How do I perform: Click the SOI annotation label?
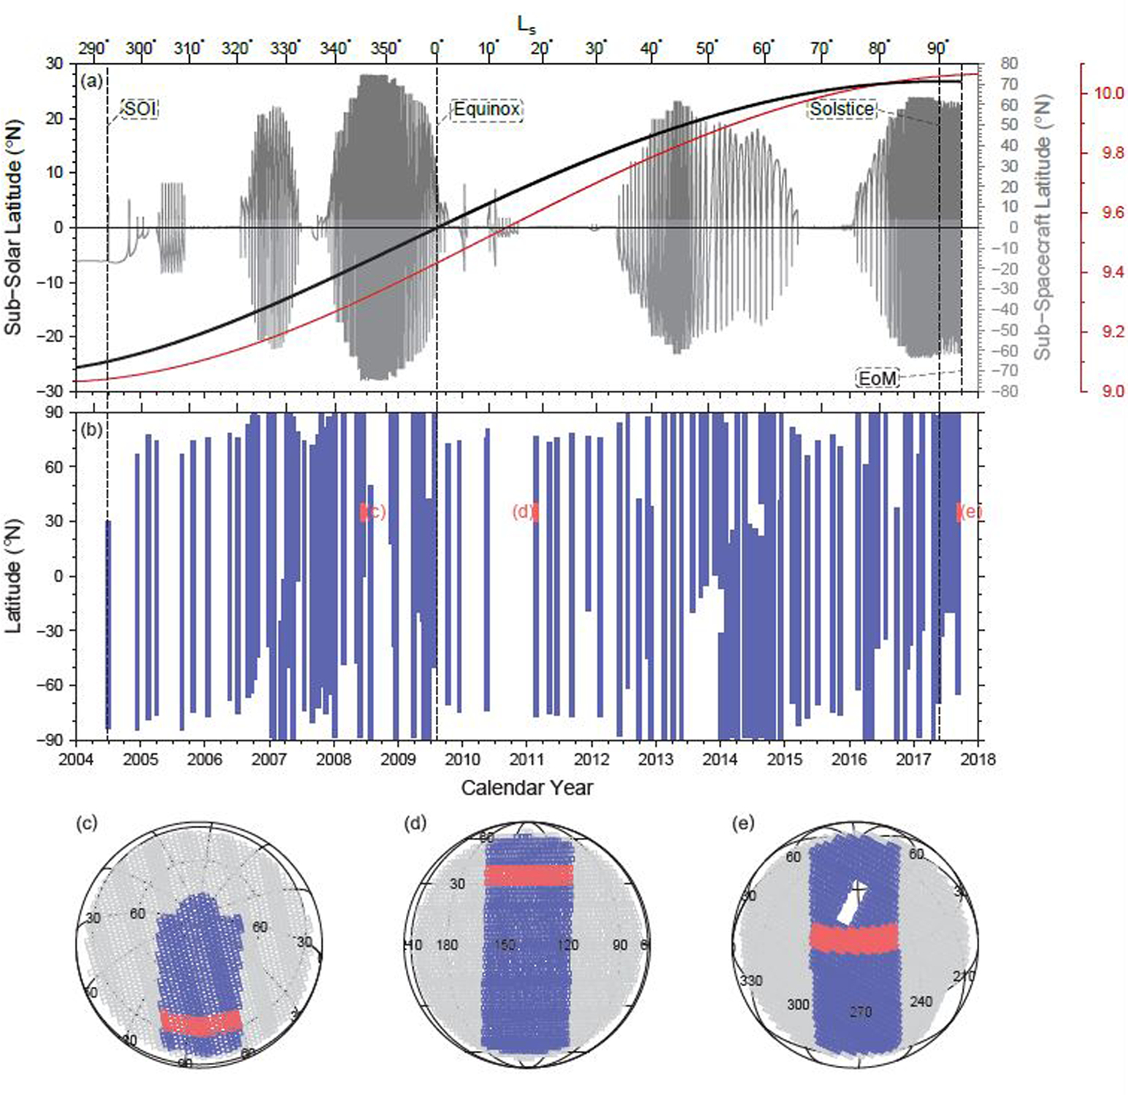(139, 109)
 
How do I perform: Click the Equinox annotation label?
(486, 109)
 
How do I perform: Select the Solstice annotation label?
(841, 109)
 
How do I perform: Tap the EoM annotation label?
(877, 377)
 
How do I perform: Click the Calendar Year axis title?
(526, 788)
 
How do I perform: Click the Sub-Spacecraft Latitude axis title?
(1042, 228)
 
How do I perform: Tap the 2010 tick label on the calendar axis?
(462, 759)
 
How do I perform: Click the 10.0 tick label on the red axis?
(1108, 93)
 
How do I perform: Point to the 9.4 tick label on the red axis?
(1108, 272)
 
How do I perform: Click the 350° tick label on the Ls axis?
(384, 48)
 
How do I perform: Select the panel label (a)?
(92, 81)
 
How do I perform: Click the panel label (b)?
(92, 429)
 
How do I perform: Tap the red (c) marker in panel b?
(373, 512)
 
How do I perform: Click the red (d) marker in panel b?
(524, 512)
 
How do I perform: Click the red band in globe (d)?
(529, 875)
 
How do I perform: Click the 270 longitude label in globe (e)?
(861, 1012)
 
